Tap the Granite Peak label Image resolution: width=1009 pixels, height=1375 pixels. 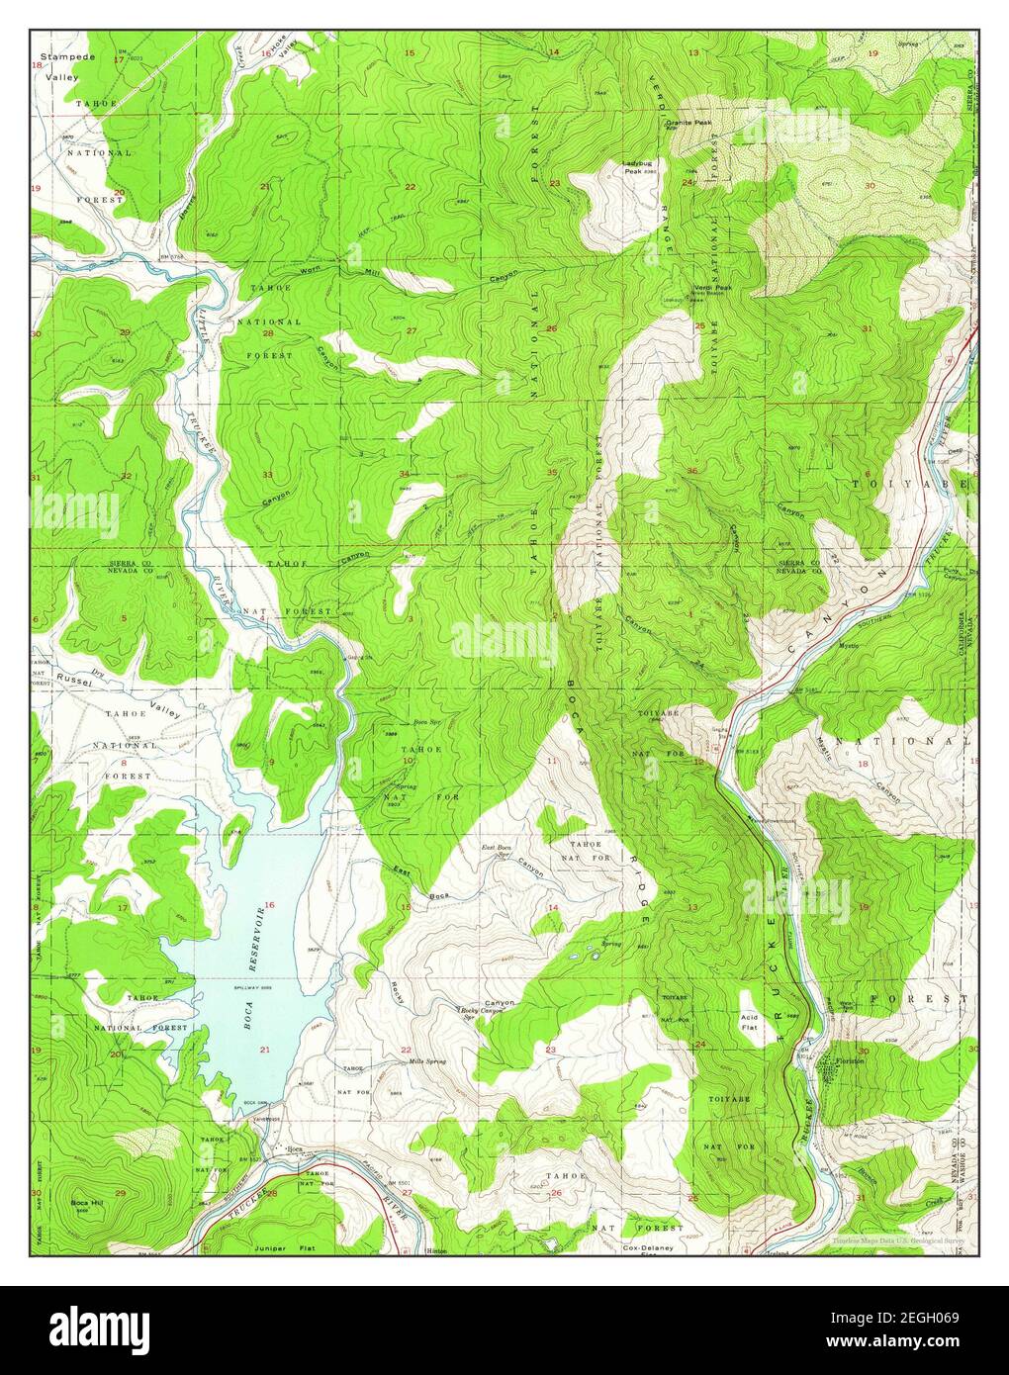coord(688,123)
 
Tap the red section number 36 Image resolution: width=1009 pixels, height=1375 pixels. coord(692,471)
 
